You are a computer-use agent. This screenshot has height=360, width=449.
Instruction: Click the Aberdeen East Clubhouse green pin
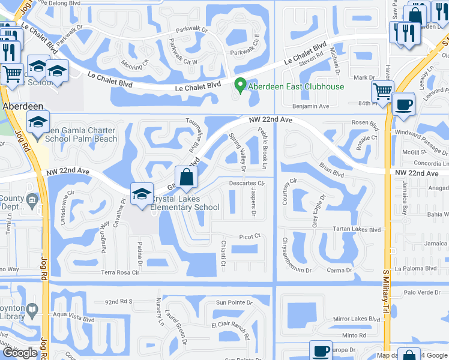[240, 86]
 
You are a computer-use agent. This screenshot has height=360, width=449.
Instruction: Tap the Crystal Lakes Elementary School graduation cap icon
[142, 194]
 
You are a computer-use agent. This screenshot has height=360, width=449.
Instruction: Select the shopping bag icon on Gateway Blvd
[187, 178]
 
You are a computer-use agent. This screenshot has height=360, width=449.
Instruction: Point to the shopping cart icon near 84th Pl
[382, 92]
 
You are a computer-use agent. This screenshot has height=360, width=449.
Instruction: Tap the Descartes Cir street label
[247, 183]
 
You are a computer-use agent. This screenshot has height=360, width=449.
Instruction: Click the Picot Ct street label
[249, 236]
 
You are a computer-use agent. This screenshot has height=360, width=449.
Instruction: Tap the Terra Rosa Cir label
[120, 272]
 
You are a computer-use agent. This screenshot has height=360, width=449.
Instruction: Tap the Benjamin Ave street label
[310, 106]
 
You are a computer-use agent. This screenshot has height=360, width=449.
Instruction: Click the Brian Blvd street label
[332, 172]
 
